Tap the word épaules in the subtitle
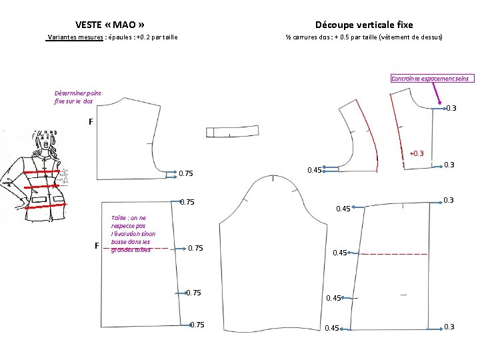(121, 38)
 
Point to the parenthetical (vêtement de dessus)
(410, 38)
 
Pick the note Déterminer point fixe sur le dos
(78, 97)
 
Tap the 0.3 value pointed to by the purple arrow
(451, 109)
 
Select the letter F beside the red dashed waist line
(97, 246)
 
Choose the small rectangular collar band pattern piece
(232, 131)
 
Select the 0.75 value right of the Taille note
(196, 249)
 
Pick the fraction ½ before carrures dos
(288, 38)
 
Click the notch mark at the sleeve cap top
(273, 178)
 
